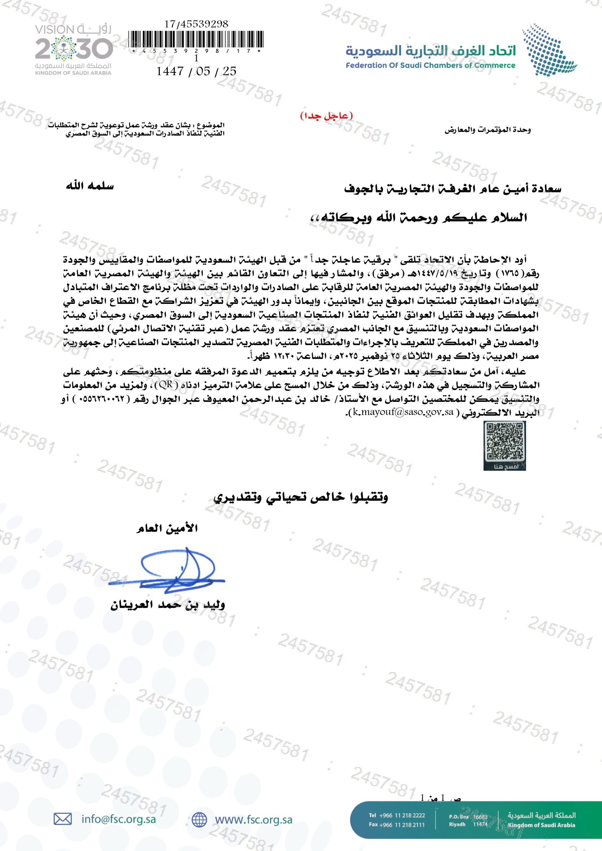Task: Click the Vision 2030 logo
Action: (x=74, y=50)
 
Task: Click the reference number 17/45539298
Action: (x=196, y=24)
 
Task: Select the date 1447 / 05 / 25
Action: (x=196, y=71)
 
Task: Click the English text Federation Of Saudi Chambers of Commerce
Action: (x=431, y=65)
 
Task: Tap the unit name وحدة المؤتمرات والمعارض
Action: (x=488, y=130)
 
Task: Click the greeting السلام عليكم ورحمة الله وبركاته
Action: (x=418, y=217)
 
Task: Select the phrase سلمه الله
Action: (x=90, y=186)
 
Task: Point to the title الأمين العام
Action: (x=167, y=528)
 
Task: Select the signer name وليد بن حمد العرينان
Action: (x=168, y=605)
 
